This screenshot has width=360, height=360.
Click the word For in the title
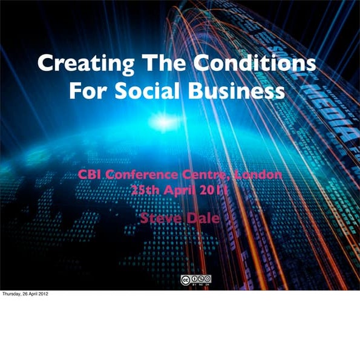tap(90, 92)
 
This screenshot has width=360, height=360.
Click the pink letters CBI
tap(90, 175)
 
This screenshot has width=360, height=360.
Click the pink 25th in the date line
tap(145, 189)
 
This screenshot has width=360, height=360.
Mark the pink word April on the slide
tap(180, 189)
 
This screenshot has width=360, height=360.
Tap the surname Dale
tap(203, 218)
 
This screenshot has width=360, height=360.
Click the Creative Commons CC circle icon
tap(185, 279)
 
